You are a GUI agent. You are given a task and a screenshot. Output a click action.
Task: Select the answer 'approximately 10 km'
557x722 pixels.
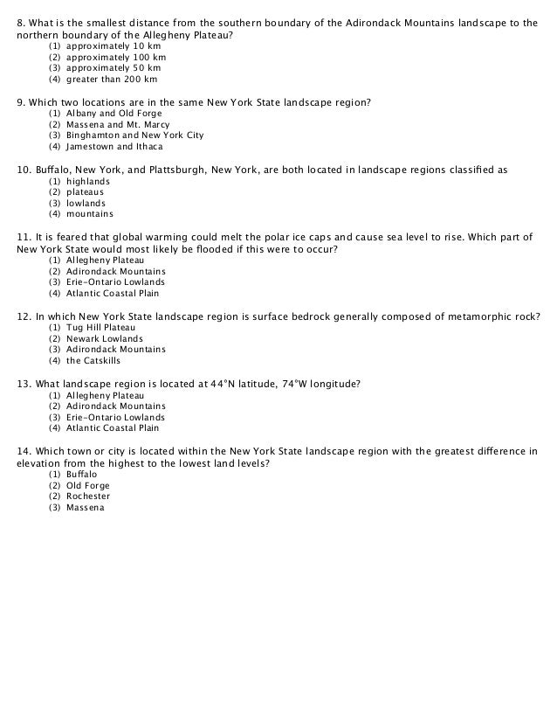(x=113, y=45)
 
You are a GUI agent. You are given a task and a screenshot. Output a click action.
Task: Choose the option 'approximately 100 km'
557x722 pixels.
(x=116, y=57)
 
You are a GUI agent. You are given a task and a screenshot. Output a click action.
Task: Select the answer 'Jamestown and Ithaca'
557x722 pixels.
(x=114, y=147)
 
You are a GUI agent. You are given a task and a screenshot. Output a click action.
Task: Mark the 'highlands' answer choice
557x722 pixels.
(x=88, y=181)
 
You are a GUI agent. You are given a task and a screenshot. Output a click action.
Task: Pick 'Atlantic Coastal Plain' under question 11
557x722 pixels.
(x=113, y=294)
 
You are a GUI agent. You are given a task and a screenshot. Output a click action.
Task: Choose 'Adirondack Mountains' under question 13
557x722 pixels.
(x=116, y=406)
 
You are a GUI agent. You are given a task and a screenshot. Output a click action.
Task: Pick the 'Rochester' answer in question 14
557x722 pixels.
(x=89, y=496)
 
